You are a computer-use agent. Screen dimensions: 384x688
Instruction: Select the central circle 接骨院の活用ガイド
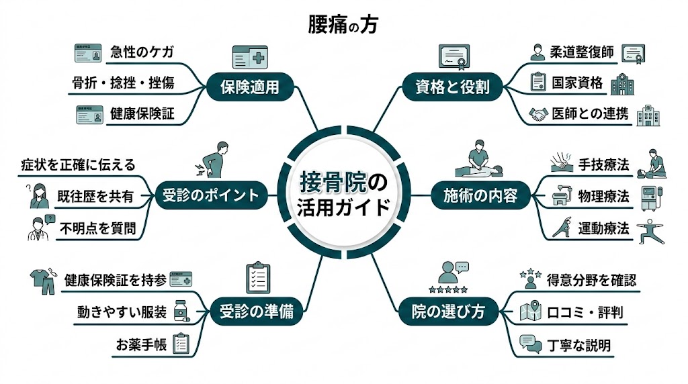point(343,194)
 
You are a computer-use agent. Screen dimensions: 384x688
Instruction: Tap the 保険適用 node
point(250,87)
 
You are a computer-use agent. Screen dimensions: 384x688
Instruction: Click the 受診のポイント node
point(210,195)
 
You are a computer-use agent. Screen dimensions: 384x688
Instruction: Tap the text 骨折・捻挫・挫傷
point(123,83)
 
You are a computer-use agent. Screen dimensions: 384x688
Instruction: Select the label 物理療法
point(603,196)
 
